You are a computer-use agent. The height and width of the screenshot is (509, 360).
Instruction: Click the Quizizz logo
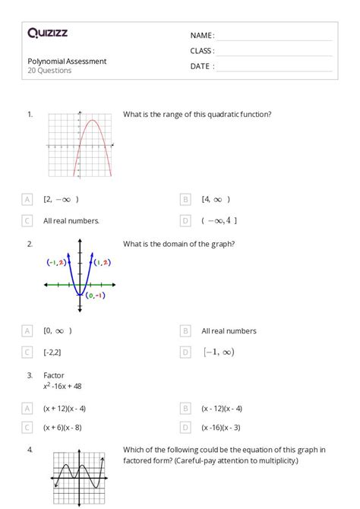pyautogui.click(x=48, y=33)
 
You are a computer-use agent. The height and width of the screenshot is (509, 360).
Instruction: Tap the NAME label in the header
pyautogui.click(x=202, y=36)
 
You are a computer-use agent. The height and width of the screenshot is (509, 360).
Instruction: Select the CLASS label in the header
pyautogui.click(x=202, y=51)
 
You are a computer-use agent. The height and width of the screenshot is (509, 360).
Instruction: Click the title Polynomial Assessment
pyautogui.click(x=67, y=61)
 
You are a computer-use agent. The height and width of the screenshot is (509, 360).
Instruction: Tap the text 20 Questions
pyautogui.click(x=49, y=71)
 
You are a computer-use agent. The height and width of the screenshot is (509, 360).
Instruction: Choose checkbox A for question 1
pyautogui.click(x=27, y=199)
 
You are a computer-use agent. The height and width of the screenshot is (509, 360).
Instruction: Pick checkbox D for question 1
pyautogui.click(x=185, y=220)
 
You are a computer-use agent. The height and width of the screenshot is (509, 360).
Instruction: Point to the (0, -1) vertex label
pyautogui.click(x=96, y=295)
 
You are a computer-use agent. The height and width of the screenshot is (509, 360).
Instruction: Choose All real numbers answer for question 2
pyautogui.click(x=229, y=330)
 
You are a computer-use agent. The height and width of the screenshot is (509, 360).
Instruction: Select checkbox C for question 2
pyautogui.click(x=27, y=352)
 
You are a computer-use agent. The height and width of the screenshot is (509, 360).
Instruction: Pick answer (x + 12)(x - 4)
pyautogui.click(x=65, y=408)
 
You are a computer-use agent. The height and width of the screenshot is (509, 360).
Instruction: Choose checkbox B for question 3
pyautogui.click(x=185, y=408)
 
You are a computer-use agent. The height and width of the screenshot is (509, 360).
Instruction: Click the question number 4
pyautogui.click(x=30, y=450)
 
